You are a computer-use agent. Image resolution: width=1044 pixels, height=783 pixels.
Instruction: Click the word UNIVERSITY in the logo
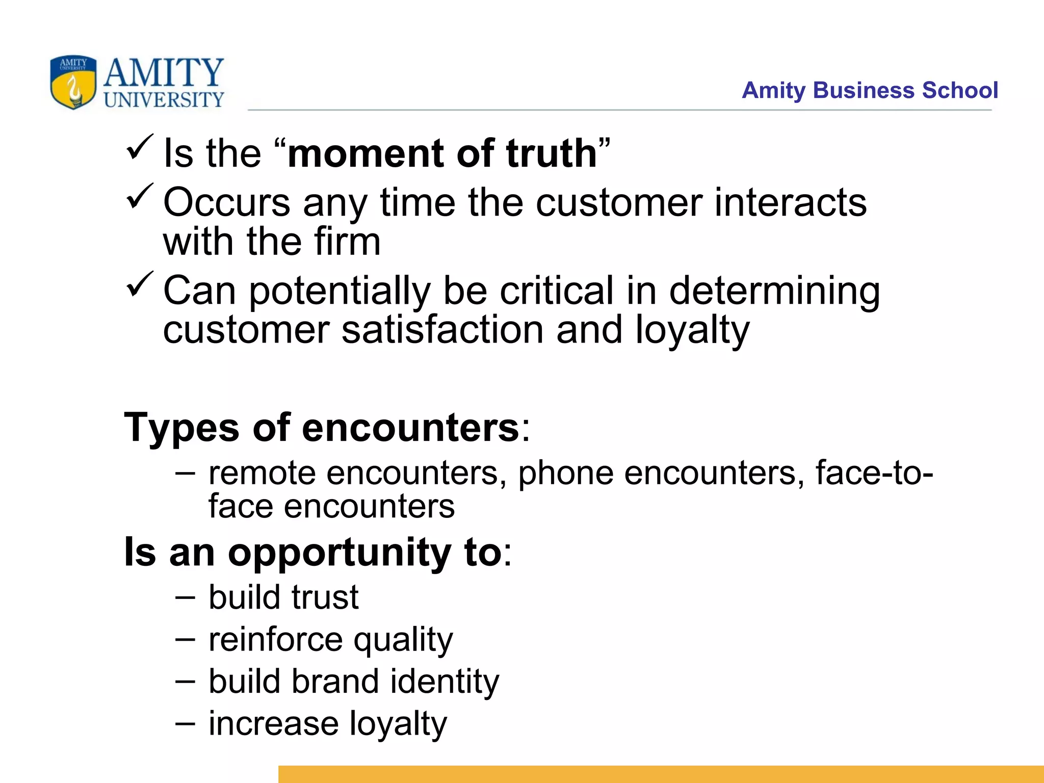[164, 100]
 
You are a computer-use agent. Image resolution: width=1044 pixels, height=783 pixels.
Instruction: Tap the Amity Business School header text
[869, 91]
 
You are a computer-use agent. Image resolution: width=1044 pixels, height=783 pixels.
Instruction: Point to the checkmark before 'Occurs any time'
[139, 196]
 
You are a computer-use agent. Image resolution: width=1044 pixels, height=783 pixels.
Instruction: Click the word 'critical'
[557, 291]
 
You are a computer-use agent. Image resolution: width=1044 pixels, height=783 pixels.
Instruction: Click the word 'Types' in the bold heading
[181, 428]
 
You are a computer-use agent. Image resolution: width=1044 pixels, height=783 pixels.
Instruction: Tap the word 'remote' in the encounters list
[262, 474]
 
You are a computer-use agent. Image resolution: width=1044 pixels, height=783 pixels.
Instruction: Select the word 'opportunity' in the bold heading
[339, 554]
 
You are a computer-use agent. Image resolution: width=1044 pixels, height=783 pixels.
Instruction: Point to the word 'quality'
[403, 641]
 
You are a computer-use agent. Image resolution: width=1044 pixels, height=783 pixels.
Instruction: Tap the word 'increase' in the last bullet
[274, 723]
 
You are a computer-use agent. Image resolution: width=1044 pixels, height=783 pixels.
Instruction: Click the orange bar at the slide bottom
[660, 774]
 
